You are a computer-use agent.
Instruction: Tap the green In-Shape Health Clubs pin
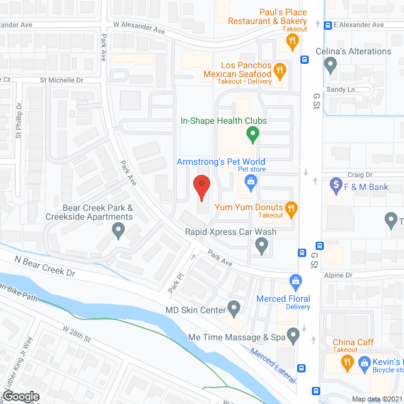click(x=252, y=134)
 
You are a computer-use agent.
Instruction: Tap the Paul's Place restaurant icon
click(x=292, y=42)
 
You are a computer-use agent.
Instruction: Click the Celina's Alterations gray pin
click(x=330, y=64)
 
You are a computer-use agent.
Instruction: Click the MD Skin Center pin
click(x=234, y=309)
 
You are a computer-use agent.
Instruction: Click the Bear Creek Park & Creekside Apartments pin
click(x=118, y=230)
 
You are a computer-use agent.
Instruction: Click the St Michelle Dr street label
click(x=62, y=80)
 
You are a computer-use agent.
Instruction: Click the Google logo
click(x=21, y=396)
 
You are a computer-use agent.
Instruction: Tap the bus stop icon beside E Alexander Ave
click(x=328, y=25)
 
